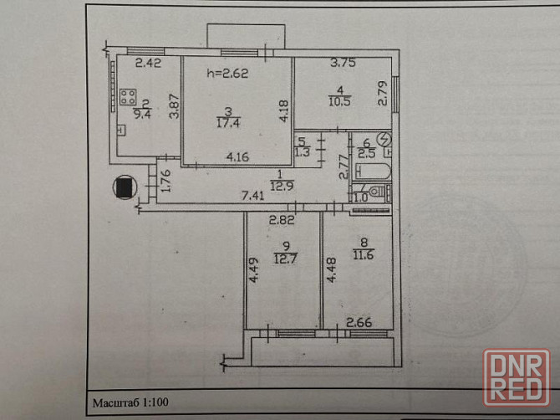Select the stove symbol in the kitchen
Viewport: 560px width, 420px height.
coord(128,98)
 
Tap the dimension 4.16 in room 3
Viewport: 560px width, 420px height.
coord(237,154)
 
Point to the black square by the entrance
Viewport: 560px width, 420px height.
coord(125,188)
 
